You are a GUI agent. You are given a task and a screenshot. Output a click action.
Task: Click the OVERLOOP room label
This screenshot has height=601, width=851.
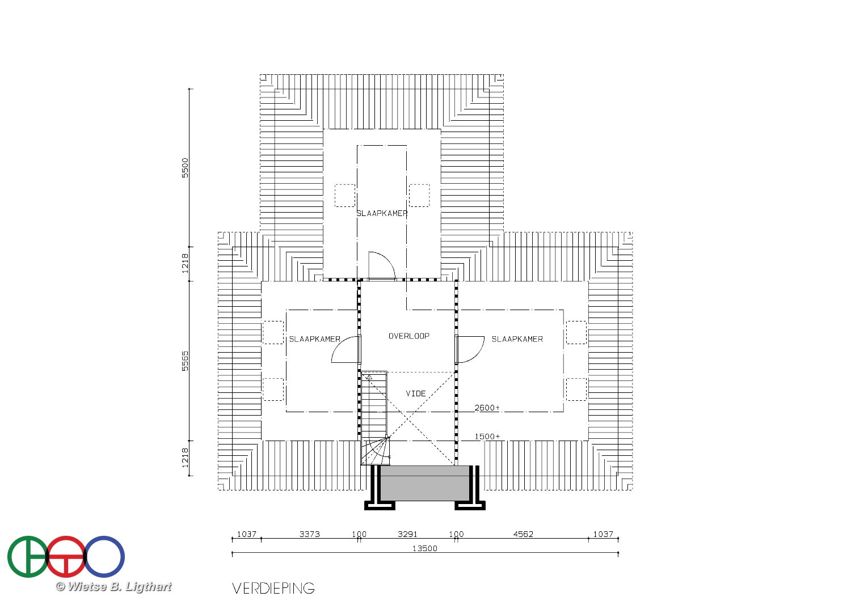[409, 336]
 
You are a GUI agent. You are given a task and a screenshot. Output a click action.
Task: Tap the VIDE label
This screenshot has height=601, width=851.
[416, 393]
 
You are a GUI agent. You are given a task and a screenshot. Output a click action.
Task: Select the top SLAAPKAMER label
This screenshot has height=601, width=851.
[382, 213]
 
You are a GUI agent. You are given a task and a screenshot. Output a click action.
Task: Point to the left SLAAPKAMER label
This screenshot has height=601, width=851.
[314, 339]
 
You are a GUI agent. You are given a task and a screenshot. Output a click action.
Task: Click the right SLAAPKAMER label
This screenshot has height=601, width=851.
[517, 339]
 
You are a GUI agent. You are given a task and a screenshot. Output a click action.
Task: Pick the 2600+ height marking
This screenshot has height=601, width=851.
[487, 408]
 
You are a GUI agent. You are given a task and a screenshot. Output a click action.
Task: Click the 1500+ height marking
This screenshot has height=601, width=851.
[487, 437]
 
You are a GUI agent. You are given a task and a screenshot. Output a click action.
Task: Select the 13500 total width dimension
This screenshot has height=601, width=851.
[425, 549]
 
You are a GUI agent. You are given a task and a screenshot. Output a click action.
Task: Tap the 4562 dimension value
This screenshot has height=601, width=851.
[523, 534]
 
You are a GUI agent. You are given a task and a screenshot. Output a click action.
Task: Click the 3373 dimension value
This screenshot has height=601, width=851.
[310, 534]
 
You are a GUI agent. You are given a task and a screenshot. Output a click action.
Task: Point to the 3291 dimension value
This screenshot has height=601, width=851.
[407, 534]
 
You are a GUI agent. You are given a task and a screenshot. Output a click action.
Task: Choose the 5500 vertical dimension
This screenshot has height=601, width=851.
[185, 168]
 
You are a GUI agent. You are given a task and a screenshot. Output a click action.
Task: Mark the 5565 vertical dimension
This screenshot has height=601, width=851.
[185, 361]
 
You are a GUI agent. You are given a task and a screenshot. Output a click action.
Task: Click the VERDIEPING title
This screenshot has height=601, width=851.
[273, 588]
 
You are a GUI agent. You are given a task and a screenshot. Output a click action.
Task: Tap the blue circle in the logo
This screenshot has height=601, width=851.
[104, 557]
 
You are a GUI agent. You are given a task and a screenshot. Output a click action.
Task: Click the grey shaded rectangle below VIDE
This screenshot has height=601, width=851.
[425, 483]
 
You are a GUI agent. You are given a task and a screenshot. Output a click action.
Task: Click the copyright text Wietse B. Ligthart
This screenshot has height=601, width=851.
[113, 587]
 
